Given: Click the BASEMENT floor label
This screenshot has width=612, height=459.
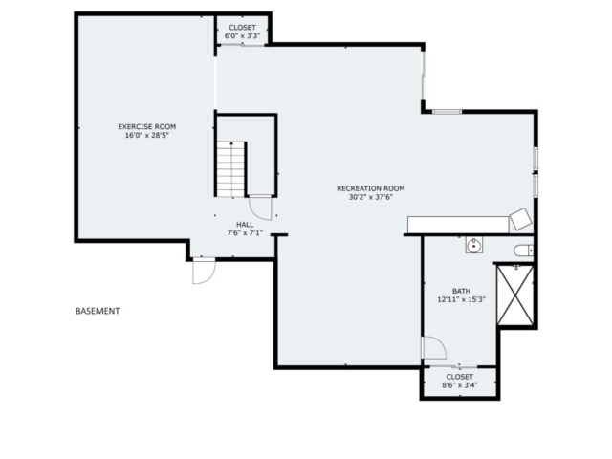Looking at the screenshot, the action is tap(98, 311).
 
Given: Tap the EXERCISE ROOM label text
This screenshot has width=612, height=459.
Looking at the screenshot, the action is tap(146, 126).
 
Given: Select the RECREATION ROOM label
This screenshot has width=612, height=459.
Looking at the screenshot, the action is tap(371, 188).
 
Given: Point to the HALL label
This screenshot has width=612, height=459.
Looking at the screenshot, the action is tap(245, 225).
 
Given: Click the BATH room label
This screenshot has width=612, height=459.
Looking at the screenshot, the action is tap(461, 291).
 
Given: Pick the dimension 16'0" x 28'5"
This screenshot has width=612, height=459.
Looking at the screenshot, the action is tap(146, 136).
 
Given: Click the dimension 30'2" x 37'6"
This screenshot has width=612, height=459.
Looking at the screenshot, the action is tap(371, 197).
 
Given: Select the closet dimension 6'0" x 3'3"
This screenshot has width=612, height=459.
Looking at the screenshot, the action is tap(242, 36).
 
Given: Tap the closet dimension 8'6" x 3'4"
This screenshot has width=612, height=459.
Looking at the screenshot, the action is tap(460, 385).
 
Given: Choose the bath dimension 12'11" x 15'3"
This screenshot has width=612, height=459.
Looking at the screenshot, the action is tap(461, 299).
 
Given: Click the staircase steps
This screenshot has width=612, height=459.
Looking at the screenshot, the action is tap(230, 169).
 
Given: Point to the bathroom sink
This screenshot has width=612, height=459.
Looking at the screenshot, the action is tap(474, 245).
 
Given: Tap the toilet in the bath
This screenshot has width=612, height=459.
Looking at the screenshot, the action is tap(523, 251).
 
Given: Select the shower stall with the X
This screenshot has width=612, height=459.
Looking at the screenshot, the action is tap(515, 295).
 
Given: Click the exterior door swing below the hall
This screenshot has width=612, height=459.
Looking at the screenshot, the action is tap(204, 270).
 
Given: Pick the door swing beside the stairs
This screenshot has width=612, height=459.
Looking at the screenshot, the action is tap(260, 208).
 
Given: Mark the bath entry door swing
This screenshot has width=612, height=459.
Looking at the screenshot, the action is tap(433, 348).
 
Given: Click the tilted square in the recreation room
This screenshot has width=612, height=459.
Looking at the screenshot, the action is tap(520, 219).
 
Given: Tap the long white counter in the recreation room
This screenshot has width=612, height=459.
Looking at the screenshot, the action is tap(458, 225).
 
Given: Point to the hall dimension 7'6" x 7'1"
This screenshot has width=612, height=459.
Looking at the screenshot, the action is tap(245, 233).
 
